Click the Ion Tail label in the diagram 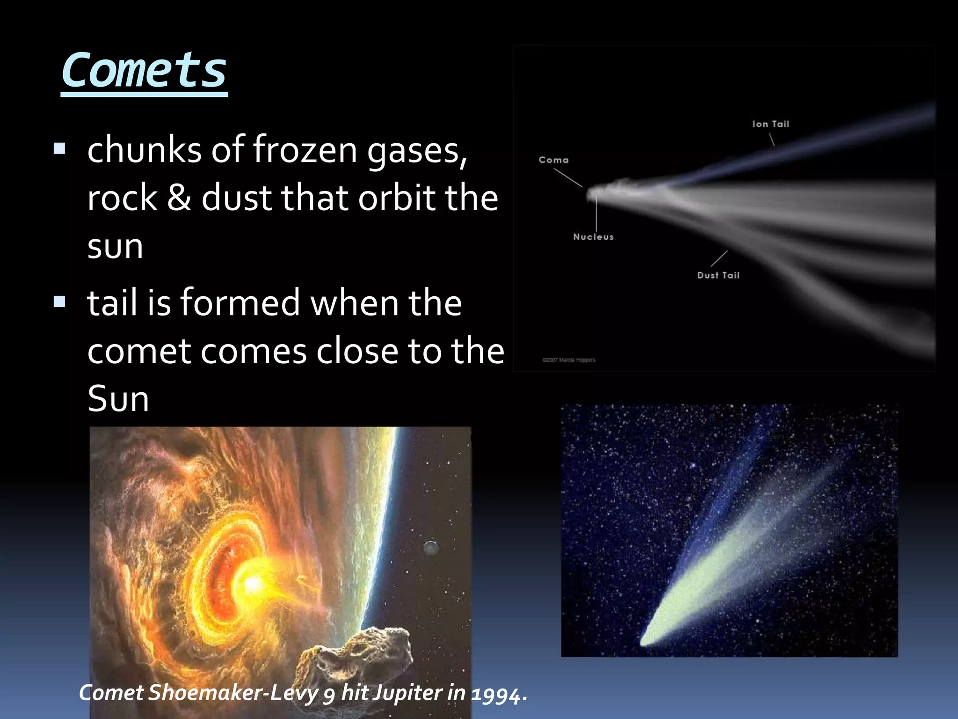pyautogui.click(x=770, y=124)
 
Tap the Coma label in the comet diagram pyautogui.click(x=553, y=160)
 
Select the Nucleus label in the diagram pyautogui.click(x=593, y=237)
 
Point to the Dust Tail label pyautogui.click(x=718, y=276)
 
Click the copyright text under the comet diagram pyautogui.click(x=569, y=360)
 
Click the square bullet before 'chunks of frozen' pyautogui.click(x=59, y=149)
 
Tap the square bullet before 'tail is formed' pyautogui.click(x=59, y=301)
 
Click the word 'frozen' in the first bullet pyautogui.click(x=305, y=150)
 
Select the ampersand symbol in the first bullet pyautogui.click(x=179, y=198)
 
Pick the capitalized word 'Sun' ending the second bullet pyautogui.click(x=118, y=399)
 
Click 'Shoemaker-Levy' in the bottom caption pyautogui.click(x=233, y=693)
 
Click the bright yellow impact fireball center pyautogui.click(x=253, y=583)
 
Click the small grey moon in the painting pyautogui.click(x=431, y=547)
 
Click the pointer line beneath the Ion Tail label pyautogui.click(x=771, y=139)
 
